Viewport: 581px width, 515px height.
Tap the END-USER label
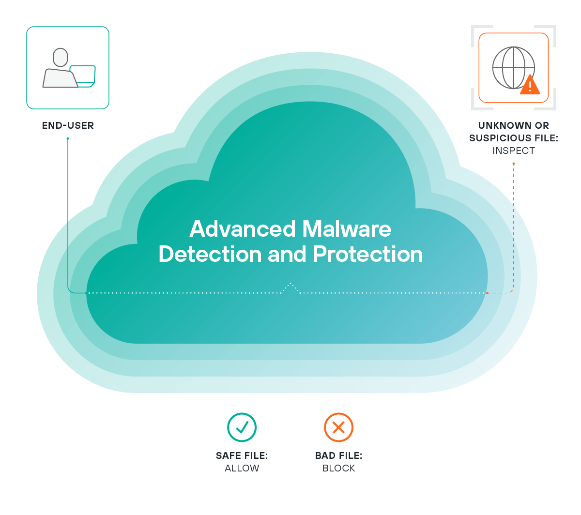(x=68, y=125)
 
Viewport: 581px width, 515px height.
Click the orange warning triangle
(x=531, y=85)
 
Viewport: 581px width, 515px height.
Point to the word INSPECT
(x=514, y=151)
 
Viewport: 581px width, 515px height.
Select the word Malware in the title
(x=347, y=229)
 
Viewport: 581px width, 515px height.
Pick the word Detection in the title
(x=210, y=255)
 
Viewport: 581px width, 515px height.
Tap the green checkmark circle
(x=242, y=427)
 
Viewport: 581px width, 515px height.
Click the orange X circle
(x=338, y=427)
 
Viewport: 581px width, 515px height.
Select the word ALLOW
(x=242, y=469)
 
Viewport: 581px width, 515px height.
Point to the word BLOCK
(x=339, y=469)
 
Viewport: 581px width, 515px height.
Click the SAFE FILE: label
(x=242, y=456)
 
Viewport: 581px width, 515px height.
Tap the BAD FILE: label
(x=339, y=456)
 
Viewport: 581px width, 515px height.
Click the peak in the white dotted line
(x=290, y=283)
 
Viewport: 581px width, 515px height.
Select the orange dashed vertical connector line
(x=513, y=227)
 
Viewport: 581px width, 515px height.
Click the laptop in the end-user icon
(x=83, y=76)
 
